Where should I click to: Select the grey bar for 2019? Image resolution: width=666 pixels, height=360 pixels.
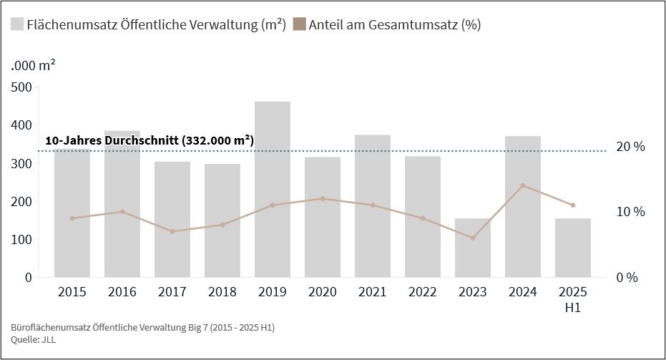click(273, 190)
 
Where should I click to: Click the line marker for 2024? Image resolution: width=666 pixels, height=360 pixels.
click(523, 185)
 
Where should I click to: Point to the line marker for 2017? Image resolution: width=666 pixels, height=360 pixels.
click(172, 231)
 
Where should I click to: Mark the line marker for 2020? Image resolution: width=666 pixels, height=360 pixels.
click(323, 198)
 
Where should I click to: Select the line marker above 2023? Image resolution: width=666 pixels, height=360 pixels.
click(473, 238)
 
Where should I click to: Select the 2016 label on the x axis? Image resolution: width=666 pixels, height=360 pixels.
click(122, 292)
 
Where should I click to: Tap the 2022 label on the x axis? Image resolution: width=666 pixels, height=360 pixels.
click(423, 292)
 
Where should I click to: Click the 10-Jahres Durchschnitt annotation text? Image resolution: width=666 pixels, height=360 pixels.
click(149, 141)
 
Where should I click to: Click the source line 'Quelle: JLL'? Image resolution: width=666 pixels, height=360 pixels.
click(34, 340)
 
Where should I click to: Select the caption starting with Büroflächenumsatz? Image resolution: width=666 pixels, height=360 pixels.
click(143, 327)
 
